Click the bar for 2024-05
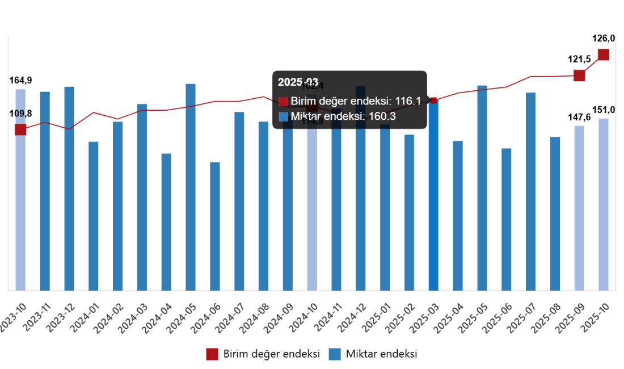(191, 187)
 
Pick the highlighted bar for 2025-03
(434, 196)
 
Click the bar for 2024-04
(166, 222)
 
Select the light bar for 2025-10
(604, 204)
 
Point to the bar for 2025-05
(482, 188)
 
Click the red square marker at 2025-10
(604, 54)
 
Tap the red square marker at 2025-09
(579, 75)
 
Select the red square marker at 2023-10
(20, 129)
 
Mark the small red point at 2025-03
(434, 100)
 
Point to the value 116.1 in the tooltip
(408, 101)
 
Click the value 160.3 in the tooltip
(382, 116)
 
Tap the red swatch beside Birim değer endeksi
(284, 102)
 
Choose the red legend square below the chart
(212, 354)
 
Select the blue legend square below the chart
(335, 354)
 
